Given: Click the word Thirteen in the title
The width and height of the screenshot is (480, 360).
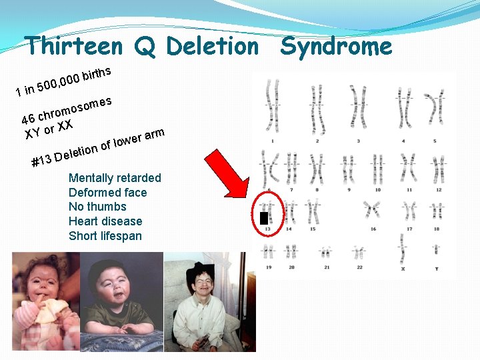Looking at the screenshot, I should coord(73,47).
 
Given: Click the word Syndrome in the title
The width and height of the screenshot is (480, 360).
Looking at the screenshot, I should coord(337,47).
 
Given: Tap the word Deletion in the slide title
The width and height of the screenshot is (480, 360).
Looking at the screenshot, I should coord(211,47).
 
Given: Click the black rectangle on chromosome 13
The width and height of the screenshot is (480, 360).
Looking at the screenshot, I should coord(264,218).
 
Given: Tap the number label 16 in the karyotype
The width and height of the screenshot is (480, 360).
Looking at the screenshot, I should coord(373,229).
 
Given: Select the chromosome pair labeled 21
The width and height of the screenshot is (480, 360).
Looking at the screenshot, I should coord(326,253).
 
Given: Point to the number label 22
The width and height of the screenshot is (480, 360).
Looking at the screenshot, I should coord(359,267).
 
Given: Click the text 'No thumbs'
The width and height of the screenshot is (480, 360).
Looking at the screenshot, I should coord(97,207).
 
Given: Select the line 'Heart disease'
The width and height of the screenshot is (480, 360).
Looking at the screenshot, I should coord(105,221).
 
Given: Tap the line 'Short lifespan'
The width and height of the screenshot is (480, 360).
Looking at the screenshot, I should coord(105,236).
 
